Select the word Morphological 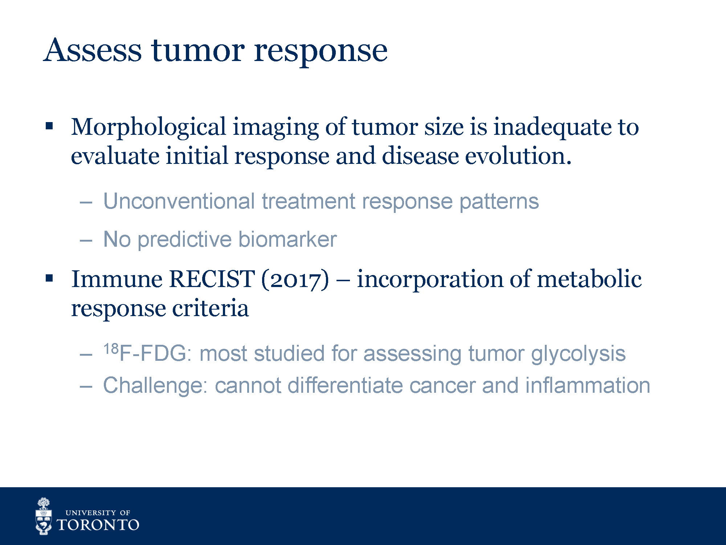(x=149, y=128)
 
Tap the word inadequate (x=552, y=128)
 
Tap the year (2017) (x=295, y=280)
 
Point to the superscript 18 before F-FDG (x=111, y=349)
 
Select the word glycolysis (x=579, y=354)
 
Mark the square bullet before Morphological (x=49, y=126)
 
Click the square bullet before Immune (x=49, y=279)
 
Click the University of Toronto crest (x=44, y=516)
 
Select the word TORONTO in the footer (x=98, y=525)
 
